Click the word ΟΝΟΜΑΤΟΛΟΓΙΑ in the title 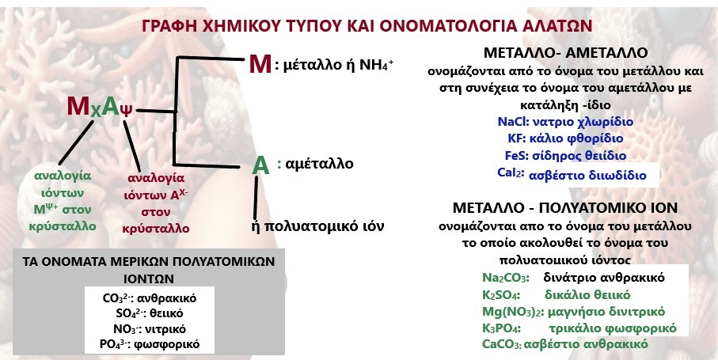451,26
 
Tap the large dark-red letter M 260,63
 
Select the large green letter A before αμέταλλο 260,165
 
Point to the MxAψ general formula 100,108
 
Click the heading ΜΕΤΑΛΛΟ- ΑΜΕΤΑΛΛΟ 565,53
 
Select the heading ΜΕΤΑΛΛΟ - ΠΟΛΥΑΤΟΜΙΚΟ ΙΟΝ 565,207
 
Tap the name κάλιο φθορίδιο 577,138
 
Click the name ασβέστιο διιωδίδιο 587,175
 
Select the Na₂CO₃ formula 506,278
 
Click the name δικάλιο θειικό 587,294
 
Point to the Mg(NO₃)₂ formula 513,312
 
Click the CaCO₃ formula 502,344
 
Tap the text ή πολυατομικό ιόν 317,226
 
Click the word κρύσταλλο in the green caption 63,226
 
